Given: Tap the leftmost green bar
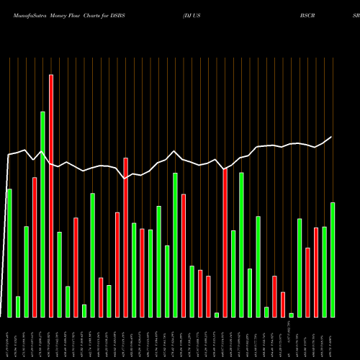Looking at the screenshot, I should click(9, 253).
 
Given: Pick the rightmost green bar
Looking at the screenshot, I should click(333, 260).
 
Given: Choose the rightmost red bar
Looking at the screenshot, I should click(316, 272).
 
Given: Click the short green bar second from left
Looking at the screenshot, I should click(18, 307).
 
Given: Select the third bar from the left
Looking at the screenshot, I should click(27, 271).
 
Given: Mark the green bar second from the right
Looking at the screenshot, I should click(325, 272).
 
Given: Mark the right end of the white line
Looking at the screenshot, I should click(332, 137).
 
